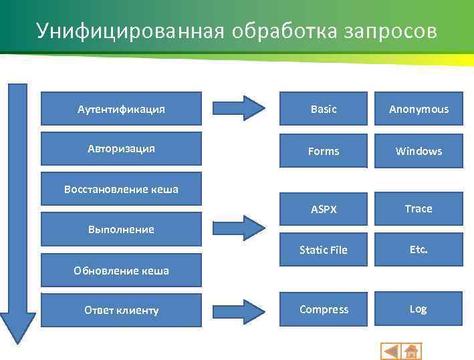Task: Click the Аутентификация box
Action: (121, 108)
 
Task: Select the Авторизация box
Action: (121, 148)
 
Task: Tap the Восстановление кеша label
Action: (121, 189)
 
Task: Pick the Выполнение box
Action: (121, 229)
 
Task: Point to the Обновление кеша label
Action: (121, 271)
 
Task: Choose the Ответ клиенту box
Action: (121, 310)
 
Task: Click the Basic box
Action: (324, 109)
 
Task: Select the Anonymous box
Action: (419, 109)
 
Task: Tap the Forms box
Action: (324, 151)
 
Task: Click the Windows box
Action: (419, 151)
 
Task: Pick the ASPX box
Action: (324, 209)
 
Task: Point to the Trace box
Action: (419, 208)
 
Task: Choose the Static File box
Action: (324, 250)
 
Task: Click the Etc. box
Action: (419, 249)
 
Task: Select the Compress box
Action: (324, 309)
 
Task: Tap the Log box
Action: (419, 309)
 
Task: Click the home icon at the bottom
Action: (410, 351)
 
